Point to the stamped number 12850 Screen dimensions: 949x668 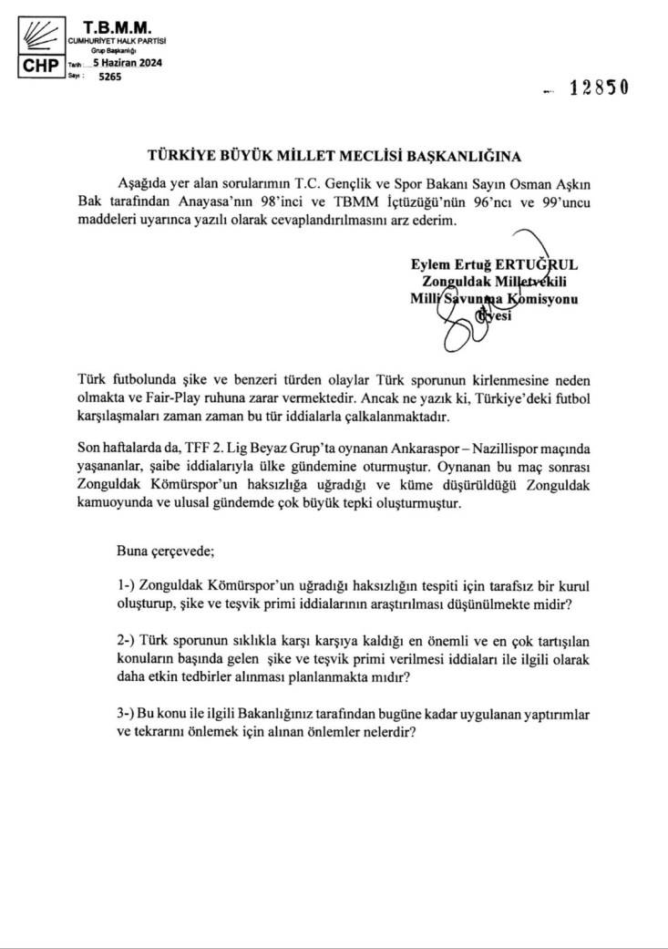tap(599, 89)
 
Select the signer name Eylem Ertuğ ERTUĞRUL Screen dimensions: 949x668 tap(495, 264)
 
